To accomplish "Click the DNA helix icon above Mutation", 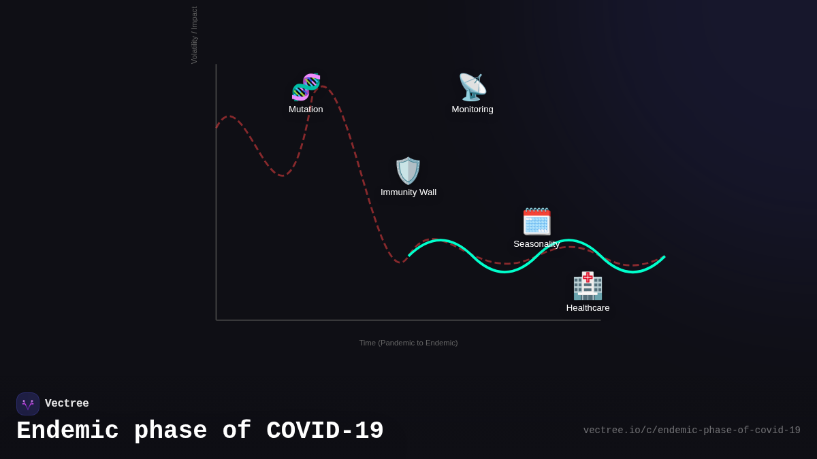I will pos(306,87).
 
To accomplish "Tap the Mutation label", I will pos(306,109).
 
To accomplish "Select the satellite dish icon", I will pos(472,87).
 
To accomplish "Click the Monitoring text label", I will pos(472,109).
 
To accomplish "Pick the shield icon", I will pos(408,171).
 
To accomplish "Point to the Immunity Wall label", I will pos(408,192).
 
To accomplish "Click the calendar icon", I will pos(536,222).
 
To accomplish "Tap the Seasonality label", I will pos(536,244).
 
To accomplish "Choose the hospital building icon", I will pos(588,286).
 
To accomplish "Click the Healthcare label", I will pos(588,308).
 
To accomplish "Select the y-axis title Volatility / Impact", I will pos(194,35).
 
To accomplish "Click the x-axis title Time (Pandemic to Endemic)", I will pos(408,343).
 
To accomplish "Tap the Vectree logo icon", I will pos(28,404).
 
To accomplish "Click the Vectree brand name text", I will pos(67,404).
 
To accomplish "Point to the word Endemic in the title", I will pos(67,431).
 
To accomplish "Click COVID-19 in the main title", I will pos(325,431).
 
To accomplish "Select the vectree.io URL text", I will pos(692,430).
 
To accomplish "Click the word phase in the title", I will pos(170,431).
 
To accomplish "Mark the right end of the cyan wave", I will pos(664,257).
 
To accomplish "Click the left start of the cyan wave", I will pos(409,256).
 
